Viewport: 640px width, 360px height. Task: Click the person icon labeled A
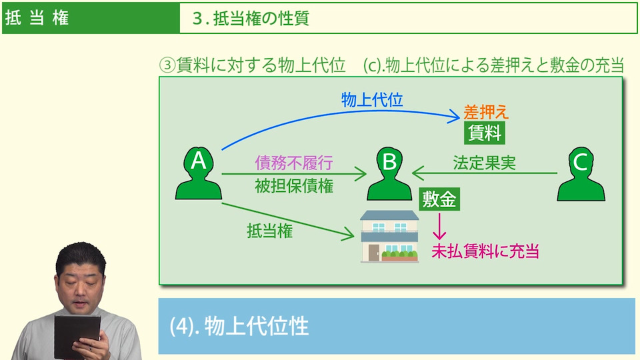pyautogui.click(x=199, y=174)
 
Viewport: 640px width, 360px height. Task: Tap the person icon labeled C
pyautogui.click(x=581, y=174)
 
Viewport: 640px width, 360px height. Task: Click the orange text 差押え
pyautogui.click(x=486, y=112)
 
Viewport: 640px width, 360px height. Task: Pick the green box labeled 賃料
pyautogui.click(x=484, y=133)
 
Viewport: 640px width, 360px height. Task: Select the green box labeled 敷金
pyautogui.click(x=441, y=199)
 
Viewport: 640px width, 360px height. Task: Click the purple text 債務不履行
pyautogui.click(x=293, y=163)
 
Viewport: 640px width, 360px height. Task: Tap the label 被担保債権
pyautogui.click(x=293, y=186)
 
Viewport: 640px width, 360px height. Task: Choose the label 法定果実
pyautogui.click(x=484, y=163)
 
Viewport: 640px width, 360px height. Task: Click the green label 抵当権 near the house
pyautogui.click(x=269, y=231)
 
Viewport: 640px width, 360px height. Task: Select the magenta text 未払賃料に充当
pyautogui.click(x=485, y=251)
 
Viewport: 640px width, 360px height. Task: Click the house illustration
pyautogui.click(x=389, y=236)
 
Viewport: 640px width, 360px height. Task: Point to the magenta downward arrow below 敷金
pyautogui.click(x=439, y=227)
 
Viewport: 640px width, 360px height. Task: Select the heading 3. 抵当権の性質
pyautogui.click(x=251, y=18)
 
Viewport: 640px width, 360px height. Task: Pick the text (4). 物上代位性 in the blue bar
pyautogui.click(x=239, y=326)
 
